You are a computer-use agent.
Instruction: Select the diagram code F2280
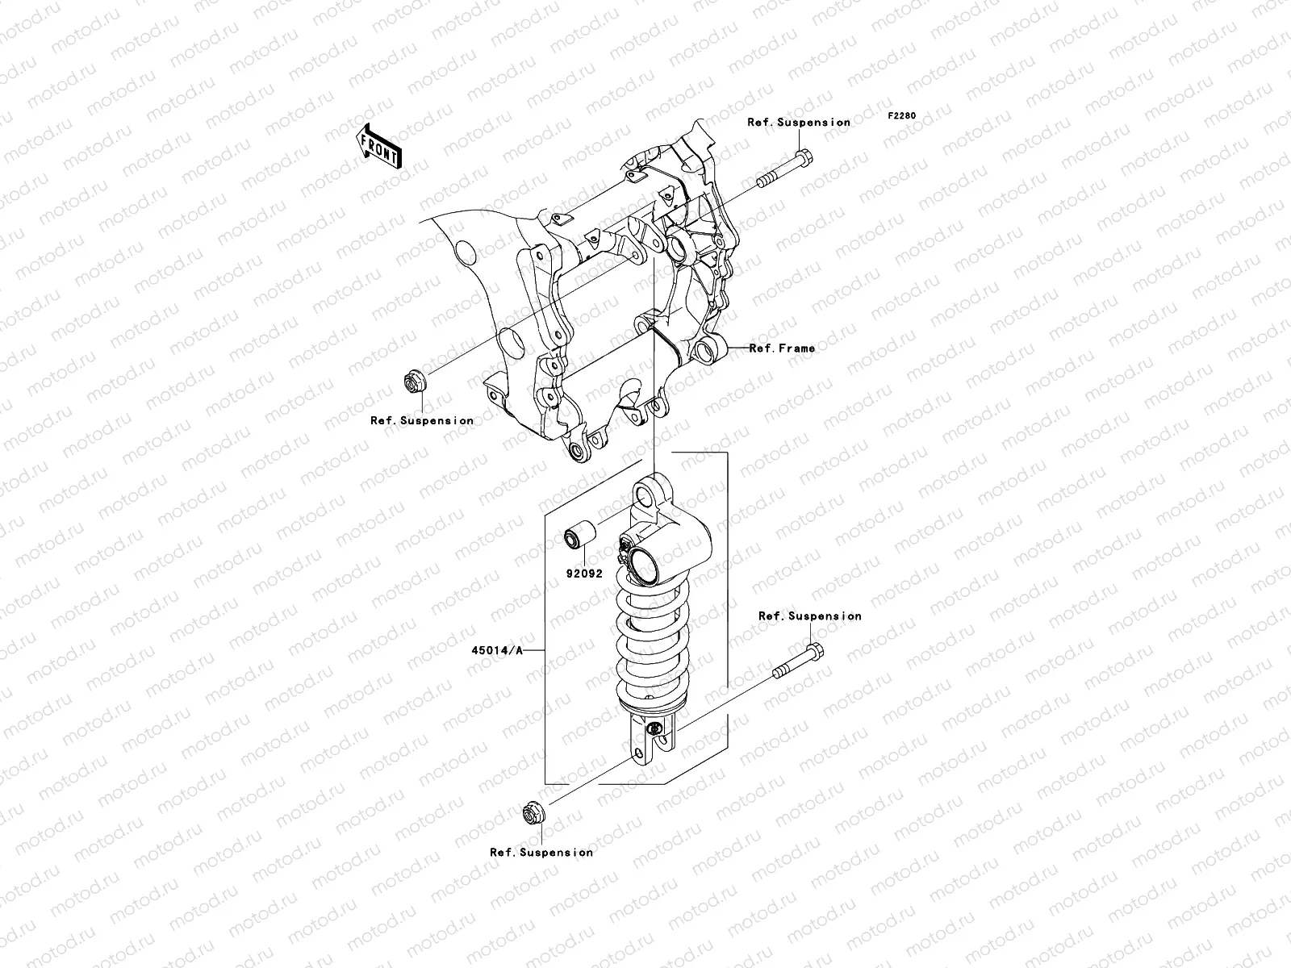click(x=902, y=115)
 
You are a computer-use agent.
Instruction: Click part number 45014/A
click(x=495, y=650)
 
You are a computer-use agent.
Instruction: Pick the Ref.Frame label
click(x=781, y=348)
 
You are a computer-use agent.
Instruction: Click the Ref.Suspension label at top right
click(x=798, y=123)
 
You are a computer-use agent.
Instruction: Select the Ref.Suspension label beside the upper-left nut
click(x=422, y=420)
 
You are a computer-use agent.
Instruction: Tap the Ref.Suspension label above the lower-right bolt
click(x=809, y=615)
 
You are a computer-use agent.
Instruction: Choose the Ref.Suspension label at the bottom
click(x=541, y=852)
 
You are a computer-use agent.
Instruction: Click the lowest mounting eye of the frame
click(x=576, y=451)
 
